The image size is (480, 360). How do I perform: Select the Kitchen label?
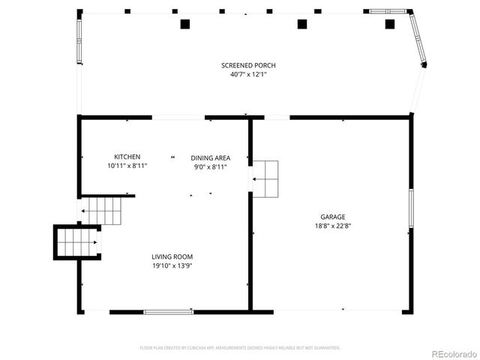point(127,157)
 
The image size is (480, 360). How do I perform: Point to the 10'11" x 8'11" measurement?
point(127,166)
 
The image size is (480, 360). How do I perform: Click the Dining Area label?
point(210,157)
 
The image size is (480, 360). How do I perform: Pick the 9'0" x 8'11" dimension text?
point(210,166)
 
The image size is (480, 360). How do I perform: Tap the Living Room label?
point(172,256)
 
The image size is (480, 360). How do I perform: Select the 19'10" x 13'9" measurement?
point(172,265)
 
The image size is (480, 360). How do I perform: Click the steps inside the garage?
point(265,178)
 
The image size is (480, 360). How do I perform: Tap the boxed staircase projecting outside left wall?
point(77,242)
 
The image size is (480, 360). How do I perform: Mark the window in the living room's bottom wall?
point(167,312)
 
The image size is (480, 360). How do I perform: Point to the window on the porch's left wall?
point(79,40)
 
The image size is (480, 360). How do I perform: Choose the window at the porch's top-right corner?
point(388,11)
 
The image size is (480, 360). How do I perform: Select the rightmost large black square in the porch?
point(389,24)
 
